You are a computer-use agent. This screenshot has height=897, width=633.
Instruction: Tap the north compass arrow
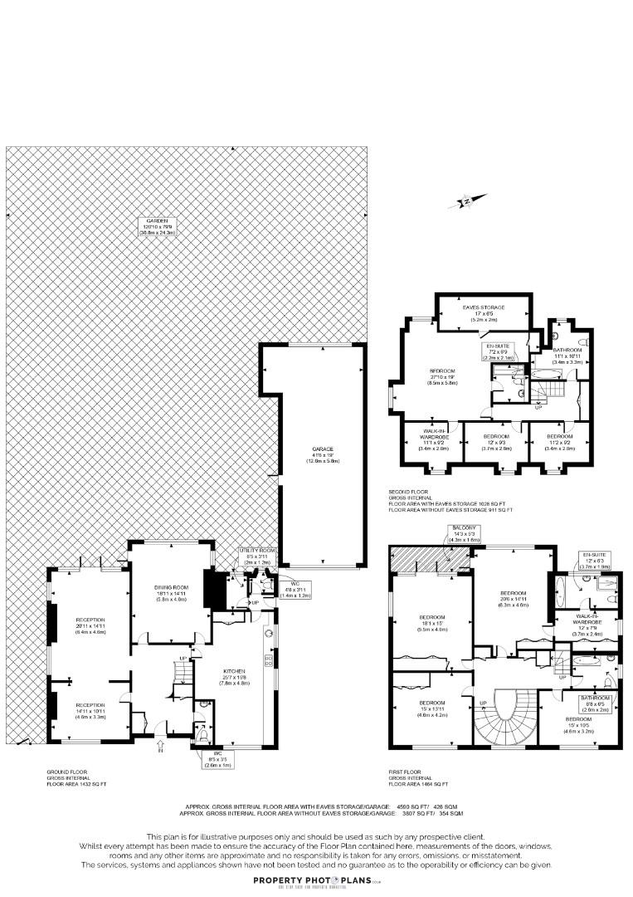(x=467, y=200)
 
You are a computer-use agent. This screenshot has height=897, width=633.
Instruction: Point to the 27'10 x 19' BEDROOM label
(x=441, y=376)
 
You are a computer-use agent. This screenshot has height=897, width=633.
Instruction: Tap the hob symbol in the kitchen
(x=268, y=661)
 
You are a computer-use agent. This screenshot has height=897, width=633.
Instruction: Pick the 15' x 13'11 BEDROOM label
(x=431, y=707)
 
